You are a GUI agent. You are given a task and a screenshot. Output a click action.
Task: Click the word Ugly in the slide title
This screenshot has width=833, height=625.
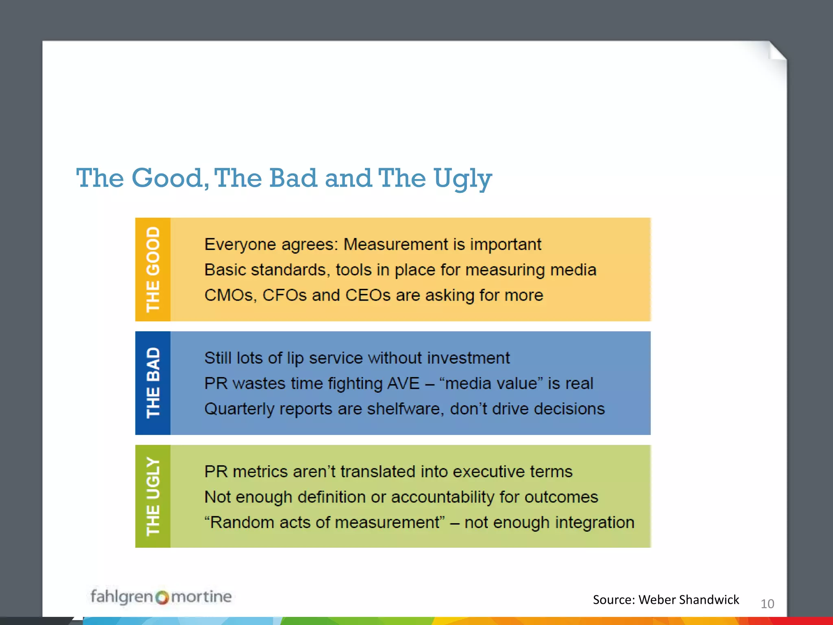pyautogui.click(x=462, y=179)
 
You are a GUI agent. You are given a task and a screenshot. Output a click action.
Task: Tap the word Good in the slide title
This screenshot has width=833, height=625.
pyautogui.click(x=170, y=178)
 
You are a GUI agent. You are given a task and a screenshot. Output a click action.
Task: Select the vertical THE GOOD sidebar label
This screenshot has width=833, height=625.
pyautogui.click(x=153, y=269)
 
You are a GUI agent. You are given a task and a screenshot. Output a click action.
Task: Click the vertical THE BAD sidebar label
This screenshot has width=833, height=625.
pyautogui.click(x=153, y=383)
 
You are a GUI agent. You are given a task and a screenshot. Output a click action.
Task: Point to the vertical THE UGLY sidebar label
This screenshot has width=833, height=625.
pyautogui.click(x=153, y=496)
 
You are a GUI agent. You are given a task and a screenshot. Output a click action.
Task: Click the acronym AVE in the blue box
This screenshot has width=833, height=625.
pyautogui.click(x=403, y=384)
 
